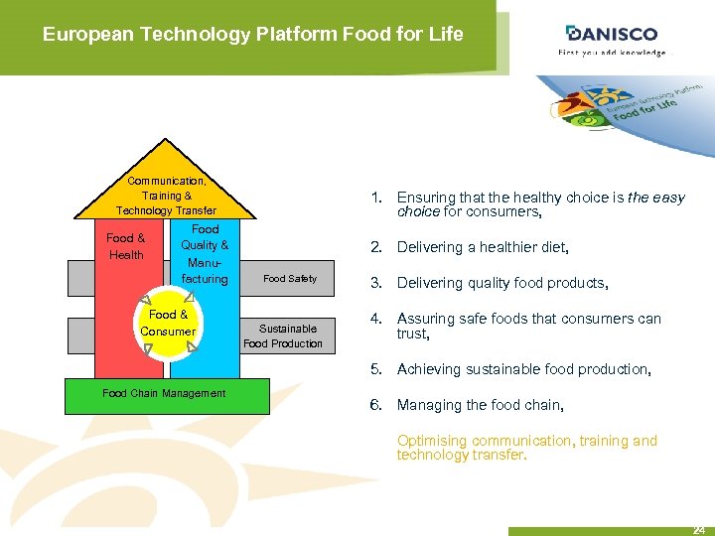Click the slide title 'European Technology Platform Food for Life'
click(x=252, y=35)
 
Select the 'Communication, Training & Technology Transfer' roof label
click(x=166, y=196)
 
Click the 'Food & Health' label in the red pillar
click(x=126, y=246)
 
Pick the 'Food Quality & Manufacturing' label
click(x=205, y=254)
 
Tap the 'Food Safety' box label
click(x=290, y=279)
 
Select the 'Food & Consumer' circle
click(x=168, y=323)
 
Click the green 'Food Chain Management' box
click(x=166, y=394)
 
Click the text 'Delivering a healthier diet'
click(x=483, y=247)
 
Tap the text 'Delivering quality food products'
click(x=501, y=283)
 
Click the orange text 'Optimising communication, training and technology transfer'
click(x=526, y=448)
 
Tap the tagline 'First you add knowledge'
click(x=613, y=53)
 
